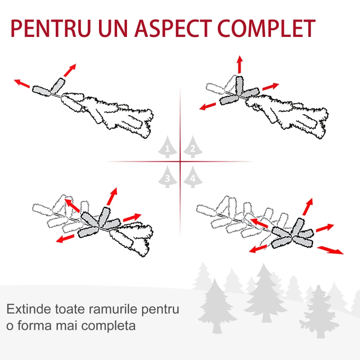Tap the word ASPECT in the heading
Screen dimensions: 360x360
point(173,28)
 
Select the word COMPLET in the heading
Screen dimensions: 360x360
point(266,28)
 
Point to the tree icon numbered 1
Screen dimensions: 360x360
point(167,147)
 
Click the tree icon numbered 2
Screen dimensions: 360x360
point(193,147)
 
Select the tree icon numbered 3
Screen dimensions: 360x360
point(167,177)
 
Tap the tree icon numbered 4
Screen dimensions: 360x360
point(193,177)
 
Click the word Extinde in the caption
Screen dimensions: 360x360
point(29,309)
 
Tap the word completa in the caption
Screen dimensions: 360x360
point(108,326)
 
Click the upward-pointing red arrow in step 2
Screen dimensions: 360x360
point(240,64)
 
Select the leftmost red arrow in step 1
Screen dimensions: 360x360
point(22,83)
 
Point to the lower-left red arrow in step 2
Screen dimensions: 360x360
point(207,106)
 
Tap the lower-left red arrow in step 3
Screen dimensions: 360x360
point(65,238)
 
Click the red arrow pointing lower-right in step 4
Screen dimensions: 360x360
point(330,250)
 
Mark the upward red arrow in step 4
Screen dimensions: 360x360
point(308,207)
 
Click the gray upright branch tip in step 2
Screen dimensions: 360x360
point(239,85)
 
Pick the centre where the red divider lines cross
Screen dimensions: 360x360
point(180,162)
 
